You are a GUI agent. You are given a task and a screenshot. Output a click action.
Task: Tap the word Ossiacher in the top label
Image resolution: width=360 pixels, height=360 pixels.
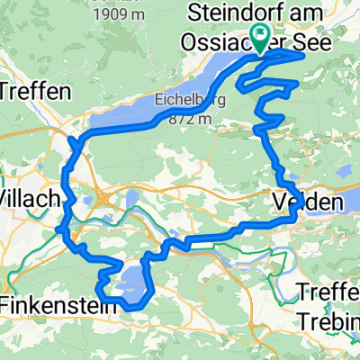(x=240, y=42)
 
